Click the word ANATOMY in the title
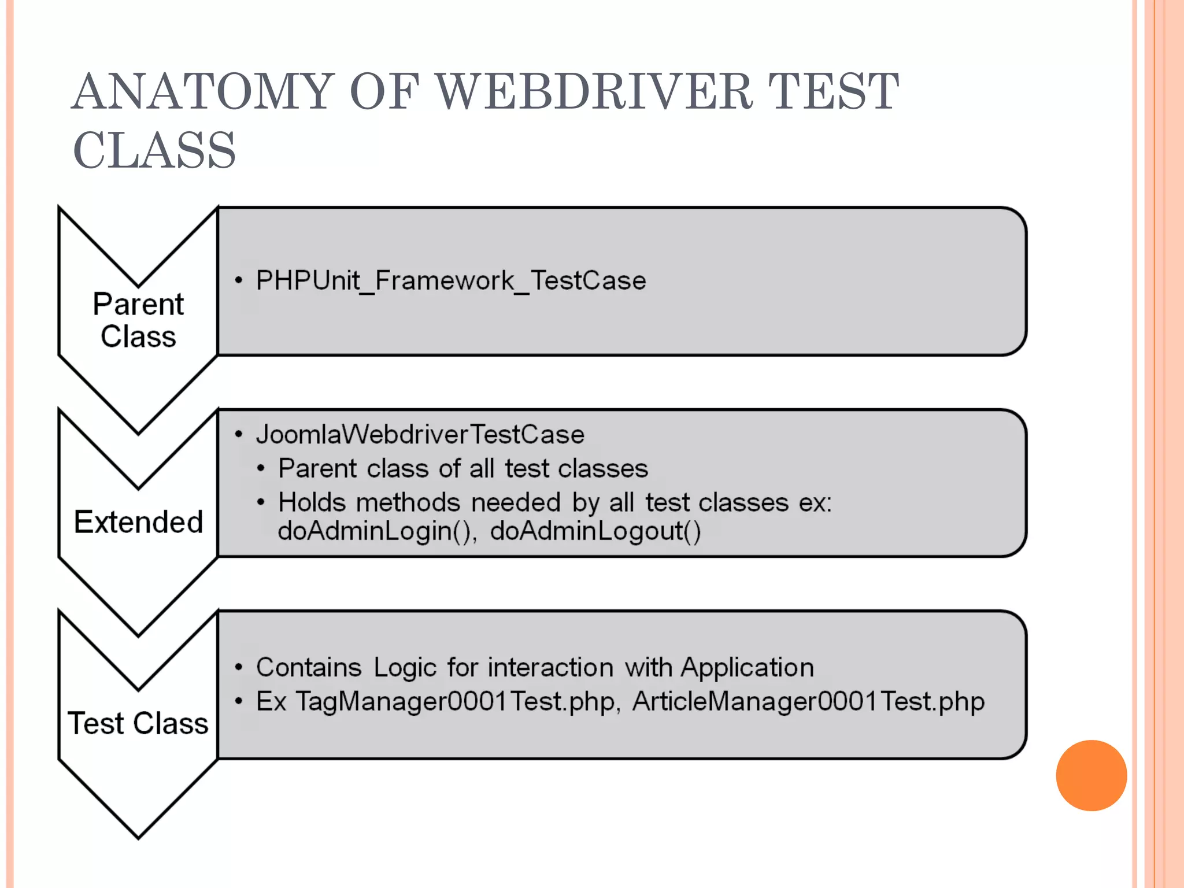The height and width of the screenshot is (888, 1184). pyautogui.click(x=203, y=92)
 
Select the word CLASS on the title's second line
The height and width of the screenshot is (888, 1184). pyautogui.click(x=154, y=151)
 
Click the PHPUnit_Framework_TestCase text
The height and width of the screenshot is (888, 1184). pyautogui.click(x=451, y=281)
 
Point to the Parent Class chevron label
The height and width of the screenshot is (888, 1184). pyautogui.click(x=138, y=320)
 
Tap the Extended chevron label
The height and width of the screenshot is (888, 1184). pyautogui.click(x=139, y=522)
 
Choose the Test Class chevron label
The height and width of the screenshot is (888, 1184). pyautogui.click(x=138, y=723)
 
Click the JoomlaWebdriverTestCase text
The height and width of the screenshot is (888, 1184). pyautogui.click(x=420, y=435)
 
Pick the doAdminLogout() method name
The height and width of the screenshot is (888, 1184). pyautogui.click(x=595, y=531)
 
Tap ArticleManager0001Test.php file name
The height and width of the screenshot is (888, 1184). pyautogui.click(x=808, y=702)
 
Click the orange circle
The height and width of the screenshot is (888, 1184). pyautogui.click(x=1091, y=775)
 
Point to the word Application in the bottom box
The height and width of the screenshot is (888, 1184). pyautogui.click(x=747, y=668)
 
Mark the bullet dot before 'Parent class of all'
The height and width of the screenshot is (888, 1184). pyautogui.click(x=261, y=468)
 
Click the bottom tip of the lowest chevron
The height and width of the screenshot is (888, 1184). pyautogui.click(x=138, y=836)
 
